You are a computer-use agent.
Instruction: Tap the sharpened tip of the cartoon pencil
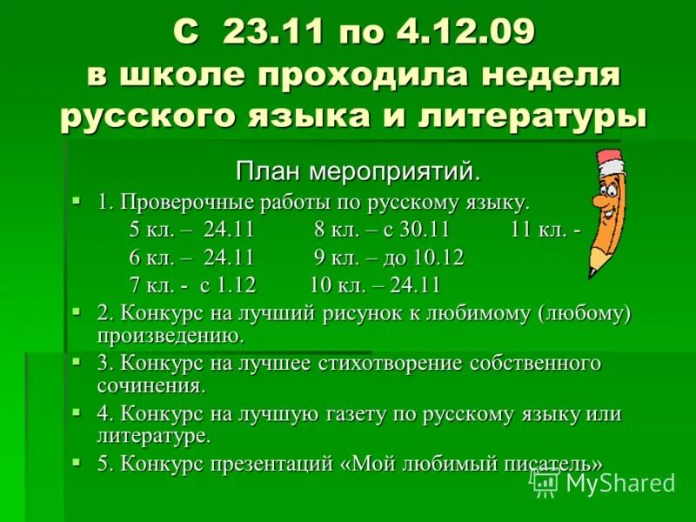[592, 271]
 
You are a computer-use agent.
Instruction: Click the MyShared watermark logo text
[619, 483]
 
